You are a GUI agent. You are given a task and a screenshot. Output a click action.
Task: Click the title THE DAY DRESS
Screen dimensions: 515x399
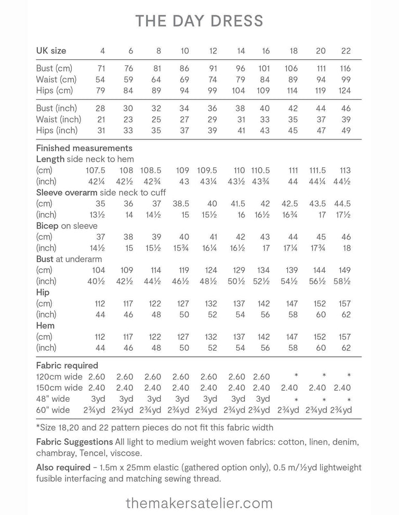pos(199,21)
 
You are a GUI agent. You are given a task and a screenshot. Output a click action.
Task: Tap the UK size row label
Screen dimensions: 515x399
pos(51,51)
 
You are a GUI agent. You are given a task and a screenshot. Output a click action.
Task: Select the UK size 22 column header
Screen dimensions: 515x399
pos(346,51)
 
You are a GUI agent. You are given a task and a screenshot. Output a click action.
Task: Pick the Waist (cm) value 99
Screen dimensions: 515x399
pos(346,80)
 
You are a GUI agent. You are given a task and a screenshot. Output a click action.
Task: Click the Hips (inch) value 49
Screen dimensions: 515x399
pos(346,130)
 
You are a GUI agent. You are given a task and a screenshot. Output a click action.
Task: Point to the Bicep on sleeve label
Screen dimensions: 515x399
pos(66,226)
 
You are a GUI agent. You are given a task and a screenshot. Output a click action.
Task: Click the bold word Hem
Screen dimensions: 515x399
pos(45,326)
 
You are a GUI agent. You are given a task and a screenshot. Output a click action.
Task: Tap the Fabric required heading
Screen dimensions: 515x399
pos(67,365)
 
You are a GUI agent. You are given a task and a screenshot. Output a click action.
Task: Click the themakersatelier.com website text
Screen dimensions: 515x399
pos(199,503)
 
